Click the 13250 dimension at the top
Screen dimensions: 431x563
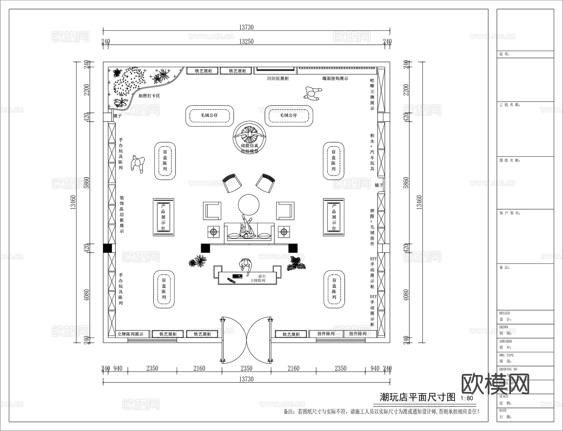[246, 42]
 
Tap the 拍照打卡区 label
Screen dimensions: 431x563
[149, 96]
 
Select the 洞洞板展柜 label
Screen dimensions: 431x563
[278, 78]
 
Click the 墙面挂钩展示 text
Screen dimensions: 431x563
[335, 78]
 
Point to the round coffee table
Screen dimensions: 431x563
[249, 205]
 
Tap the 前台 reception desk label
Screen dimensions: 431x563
[262, 276]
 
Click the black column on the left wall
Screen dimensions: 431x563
[107, 248]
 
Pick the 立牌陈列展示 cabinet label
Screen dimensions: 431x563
[130, 334]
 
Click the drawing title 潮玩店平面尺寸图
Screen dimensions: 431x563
[417, 397]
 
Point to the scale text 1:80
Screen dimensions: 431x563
[467, 398]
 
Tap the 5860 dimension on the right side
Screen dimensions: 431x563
[406, 183]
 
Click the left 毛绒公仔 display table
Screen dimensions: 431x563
[210, 116]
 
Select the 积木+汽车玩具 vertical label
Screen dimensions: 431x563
[372, 152]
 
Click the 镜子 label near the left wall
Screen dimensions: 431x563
[117, 116]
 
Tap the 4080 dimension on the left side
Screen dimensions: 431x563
[87, 295]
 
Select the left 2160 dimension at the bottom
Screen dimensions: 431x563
[199, 368]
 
